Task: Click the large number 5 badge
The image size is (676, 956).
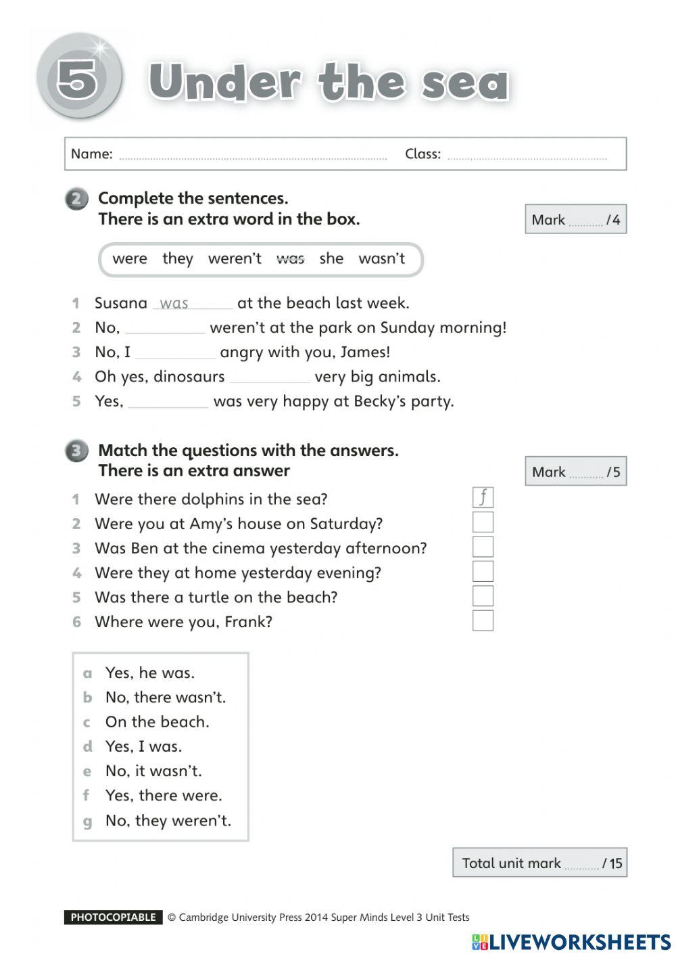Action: (78, 78)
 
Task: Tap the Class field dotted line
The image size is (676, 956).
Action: (527, 158)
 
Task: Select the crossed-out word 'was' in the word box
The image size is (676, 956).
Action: (290, 258)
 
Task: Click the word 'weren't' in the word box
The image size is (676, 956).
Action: (235, 258)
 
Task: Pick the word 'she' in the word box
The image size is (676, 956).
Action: (331, 258)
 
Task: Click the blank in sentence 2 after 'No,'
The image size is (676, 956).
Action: (165, 329)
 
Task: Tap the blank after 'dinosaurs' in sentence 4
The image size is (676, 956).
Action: (270, 378)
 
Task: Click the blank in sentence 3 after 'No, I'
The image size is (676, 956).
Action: (175, 353)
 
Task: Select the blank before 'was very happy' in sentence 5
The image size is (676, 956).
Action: (168, 403)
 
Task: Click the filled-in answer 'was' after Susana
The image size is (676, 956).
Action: (174, 304)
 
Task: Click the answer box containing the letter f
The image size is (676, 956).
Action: (483, 498)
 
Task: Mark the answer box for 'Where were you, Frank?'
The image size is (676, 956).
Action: (483, 620)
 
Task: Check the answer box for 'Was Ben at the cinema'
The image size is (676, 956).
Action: (483, 547)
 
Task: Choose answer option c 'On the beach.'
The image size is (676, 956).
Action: (157, 722)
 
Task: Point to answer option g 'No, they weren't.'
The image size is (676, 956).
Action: (168, 821)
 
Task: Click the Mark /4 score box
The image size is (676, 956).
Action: (575, 219)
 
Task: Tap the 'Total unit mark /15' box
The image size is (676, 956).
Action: (539, 863)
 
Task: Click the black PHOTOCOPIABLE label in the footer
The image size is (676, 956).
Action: (114, 917)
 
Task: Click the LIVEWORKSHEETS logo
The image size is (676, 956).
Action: (571, 942)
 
